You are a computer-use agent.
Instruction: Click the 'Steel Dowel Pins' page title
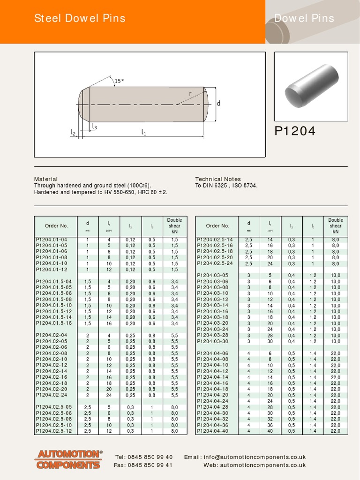click(x=80, y=19)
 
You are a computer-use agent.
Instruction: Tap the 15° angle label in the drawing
click(x=120, y=81)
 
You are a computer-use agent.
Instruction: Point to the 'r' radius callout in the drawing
click(x=190, y=94)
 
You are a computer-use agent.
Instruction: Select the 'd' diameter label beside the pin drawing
click(x=218, y=104)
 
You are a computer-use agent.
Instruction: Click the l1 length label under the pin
click(x=144, y=133)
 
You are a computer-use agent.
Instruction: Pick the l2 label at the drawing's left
click(x=73, y=133)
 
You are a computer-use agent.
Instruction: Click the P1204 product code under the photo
click(x=295, y=132)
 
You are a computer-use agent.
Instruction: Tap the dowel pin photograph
click(x=311, y=86)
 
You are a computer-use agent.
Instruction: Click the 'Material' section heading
click(x=46, y=179)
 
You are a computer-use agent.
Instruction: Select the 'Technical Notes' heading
click(x=218, y=179)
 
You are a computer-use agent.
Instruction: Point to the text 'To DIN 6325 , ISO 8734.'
click(x=226, y=186)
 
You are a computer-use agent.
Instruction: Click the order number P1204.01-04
click(x=52, y=240)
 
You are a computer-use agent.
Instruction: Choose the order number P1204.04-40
click(x=213, y=431)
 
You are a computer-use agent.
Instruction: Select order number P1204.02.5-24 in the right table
click(x=215, y=263)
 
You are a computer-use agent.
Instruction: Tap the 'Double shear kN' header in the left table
click(x=174, y=225)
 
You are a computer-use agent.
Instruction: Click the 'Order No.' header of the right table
click(x=217, y=226)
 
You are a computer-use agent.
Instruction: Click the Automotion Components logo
click(x=69, y=459)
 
